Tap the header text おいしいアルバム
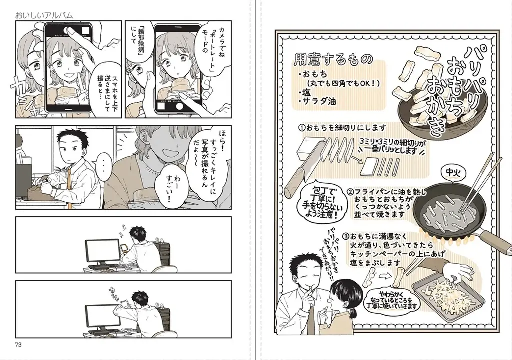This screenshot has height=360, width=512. (x=44, y=15)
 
